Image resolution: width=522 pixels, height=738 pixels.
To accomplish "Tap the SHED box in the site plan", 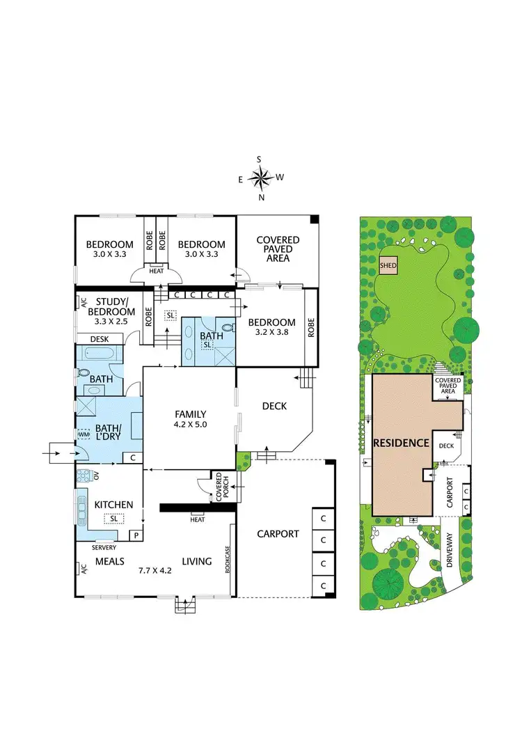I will (388, 266).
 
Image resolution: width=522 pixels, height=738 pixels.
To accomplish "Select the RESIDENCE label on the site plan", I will (401, 443).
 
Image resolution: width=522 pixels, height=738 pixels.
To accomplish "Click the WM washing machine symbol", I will (84, 434).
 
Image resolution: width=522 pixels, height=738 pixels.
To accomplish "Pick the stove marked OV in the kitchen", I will (84, 476).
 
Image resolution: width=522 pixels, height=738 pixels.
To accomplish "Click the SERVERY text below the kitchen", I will (105, 548).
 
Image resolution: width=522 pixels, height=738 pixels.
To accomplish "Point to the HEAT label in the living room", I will (198, 519).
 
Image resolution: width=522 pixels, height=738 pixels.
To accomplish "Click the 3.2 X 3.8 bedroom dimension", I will (272, 333).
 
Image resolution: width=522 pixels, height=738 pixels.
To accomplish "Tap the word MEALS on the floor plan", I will (110, 561).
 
